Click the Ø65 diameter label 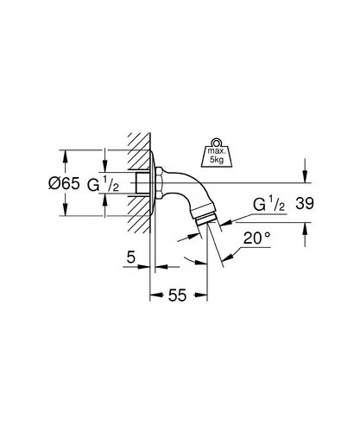[x=64, y=183]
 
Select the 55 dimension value [x=177, y=295]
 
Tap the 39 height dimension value [x=305, y=204]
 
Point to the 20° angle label [x=257, y=238]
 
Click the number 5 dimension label [x=131, y=257]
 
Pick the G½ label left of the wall [x=103, y=185]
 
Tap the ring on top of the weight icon [x=217, y=143]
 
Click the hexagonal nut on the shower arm [x=159, y=182]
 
